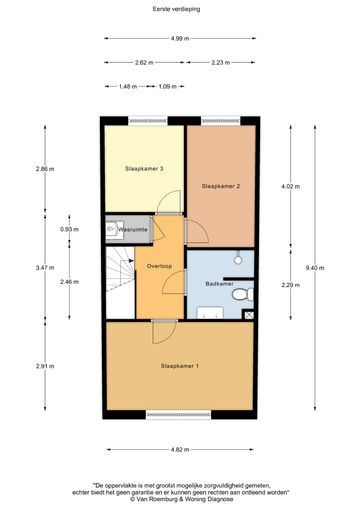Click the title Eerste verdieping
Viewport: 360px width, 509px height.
tap(176, 9)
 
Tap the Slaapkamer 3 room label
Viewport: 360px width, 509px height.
tap(144, 169)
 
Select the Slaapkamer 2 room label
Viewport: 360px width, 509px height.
tap(221, 186)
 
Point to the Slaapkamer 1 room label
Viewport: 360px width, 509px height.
tap(180, 366)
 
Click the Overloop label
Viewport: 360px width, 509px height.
tap(159, 266)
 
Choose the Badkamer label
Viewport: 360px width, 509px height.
tap(219, 284)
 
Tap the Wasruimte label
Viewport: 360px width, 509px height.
tap(133, 229)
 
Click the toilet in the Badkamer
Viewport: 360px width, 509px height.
tap(243, 294)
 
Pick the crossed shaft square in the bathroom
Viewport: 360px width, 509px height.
tap(248, 315)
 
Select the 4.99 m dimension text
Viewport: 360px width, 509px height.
tap(180, 38)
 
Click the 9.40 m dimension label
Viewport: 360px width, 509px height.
tap(315, 268)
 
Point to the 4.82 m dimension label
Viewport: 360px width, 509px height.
tap(180, 449)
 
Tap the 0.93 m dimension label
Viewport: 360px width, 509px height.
tap(69, 229)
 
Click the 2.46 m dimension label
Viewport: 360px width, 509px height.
tap(69, 282)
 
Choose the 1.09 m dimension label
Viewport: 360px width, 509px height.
tap(167, 86)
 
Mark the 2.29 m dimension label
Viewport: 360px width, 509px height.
tap(291, 285)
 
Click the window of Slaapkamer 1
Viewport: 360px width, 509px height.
tap(179, 414)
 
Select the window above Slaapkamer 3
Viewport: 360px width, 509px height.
tap(148, 121)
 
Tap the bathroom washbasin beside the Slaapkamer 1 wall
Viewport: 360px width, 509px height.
tap(210, 313)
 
